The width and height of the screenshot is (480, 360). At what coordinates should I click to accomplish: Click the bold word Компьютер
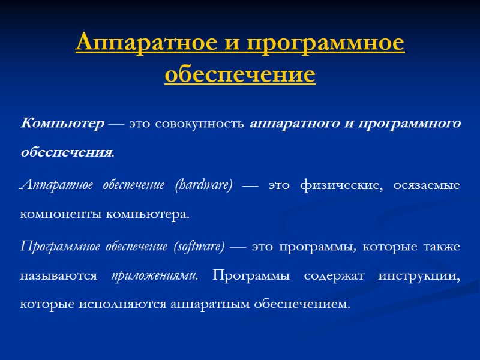62,124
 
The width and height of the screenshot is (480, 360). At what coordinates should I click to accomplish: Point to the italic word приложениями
155,276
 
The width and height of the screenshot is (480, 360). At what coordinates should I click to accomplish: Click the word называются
58,276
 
